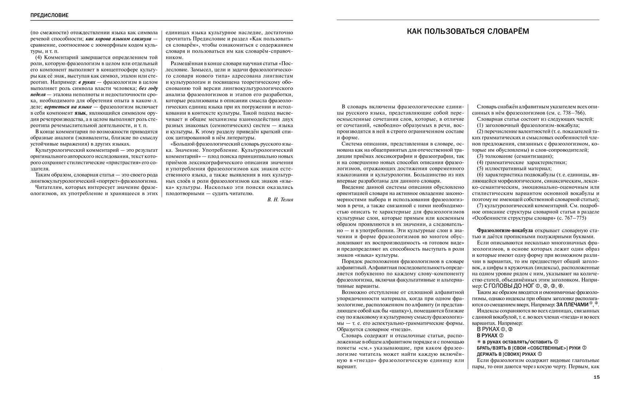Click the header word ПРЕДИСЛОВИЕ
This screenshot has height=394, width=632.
click(49, 15)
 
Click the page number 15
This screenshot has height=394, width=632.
click(596, 377)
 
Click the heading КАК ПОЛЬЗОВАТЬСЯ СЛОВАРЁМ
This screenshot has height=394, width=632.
click(468, 31)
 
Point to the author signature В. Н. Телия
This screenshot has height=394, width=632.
click(280, 200)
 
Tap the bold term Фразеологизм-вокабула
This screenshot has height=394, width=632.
click(505, 230)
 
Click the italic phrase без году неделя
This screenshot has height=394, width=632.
click(148, 88)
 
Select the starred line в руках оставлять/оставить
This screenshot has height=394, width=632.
click(515, 341)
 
